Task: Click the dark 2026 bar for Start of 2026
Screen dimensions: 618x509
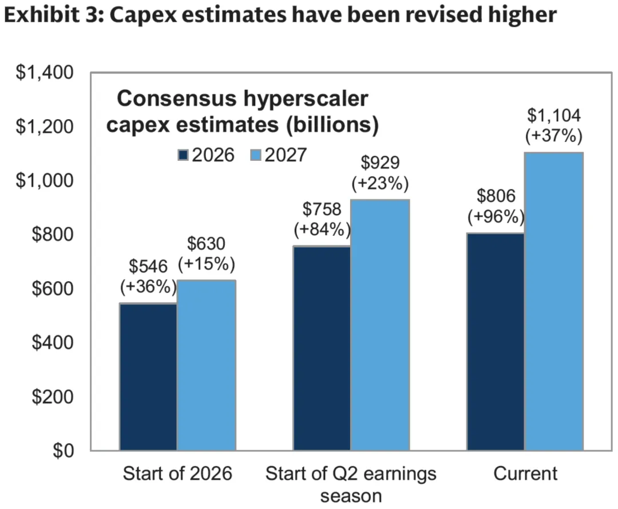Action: (148, 377)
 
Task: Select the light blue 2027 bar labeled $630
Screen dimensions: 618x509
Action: (207, 365)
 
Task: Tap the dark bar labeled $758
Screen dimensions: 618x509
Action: (322, 348)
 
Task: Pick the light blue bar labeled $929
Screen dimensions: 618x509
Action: (381, 325)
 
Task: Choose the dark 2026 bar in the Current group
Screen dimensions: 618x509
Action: (496, 342)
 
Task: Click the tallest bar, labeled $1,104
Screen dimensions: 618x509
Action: (554, 301)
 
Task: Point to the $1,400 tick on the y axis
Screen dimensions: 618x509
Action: (45, 73)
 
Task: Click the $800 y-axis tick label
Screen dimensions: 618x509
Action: (53, 234)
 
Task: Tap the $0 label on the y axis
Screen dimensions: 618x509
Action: (64, 450)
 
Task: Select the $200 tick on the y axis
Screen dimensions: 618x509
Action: (53, 396)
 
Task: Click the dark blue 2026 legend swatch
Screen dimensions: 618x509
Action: (183, 155)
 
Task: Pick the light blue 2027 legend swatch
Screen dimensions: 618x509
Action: (256, 155)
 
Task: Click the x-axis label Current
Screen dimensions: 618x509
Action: (525, 473)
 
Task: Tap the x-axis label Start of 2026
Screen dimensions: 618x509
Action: (177, 473)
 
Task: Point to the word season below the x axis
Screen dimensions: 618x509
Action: (351, 496)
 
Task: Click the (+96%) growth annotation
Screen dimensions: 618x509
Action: (496, 216)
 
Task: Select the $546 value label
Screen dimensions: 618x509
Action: (148, 267)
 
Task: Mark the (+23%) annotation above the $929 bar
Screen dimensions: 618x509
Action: (380, 183)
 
